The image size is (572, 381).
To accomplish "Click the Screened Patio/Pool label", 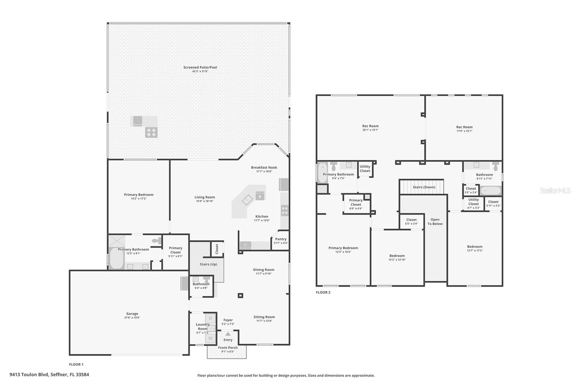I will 200,67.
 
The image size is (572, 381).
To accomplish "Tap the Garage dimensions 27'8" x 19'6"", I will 132,317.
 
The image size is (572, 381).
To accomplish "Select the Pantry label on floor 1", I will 281,239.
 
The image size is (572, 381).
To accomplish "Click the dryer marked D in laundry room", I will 210,318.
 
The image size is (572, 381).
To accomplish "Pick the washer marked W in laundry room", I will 210,338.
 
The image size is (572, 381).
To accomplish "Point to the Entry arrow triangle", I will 228,334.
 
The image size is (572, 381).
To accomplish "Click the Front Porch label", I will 228,347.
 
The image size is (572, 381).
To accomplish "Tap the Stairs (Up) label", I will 208,264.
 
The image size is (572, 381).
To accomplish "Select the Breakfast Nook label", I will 264,167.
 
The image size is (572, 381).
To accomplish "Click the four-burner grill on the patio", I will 151,132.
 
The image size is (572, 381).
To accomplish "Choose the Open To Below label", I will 435,222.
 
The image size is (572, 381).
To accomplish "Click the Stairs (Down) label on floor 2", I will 424,187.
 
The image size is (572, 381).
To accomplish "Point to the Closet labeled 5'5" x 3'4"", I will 411,220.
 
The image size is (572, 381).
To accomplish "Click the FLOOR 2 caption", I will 323,292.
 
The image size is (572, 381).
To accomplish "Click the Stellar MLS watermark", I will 555,190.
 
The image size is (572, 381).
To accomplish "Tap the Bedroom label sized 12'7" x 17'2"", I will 474,247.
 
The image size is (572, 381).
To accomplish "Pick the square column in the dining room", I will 241,296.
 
